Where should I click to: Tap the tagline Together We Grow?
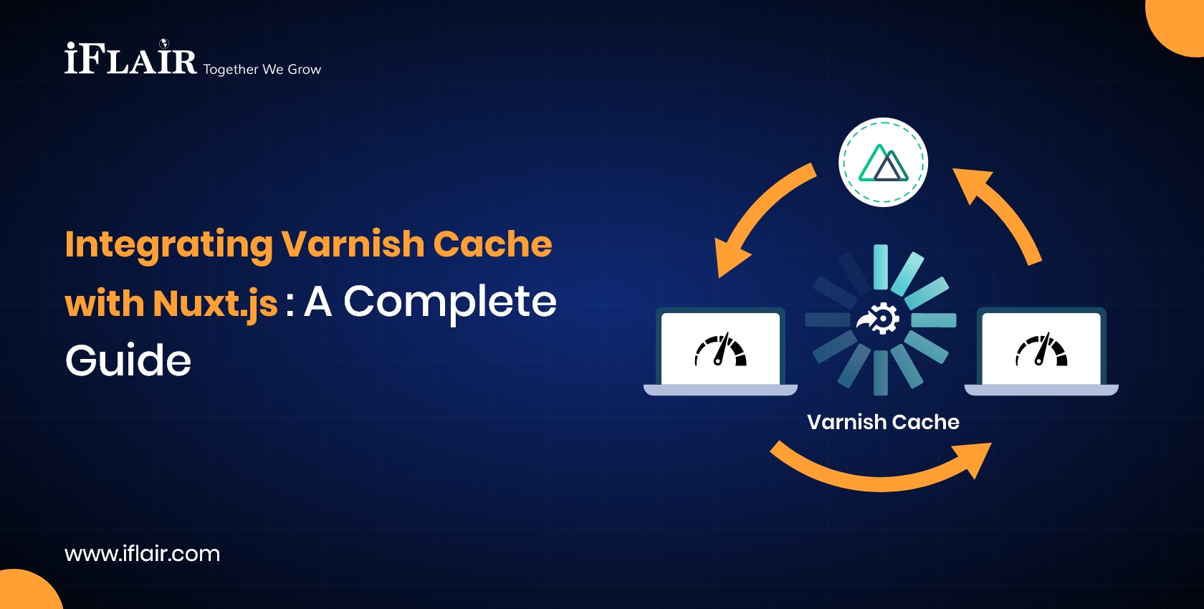click(262, 69)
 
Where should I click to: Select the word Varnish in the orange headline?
click(353, 244)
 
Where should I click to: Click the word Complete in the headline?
click(450, 303)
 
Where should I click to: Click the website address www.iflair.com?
click(143, 554)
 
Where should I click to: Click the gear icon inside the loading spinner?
click(879, 319)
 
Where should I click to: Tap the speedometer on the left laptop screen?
click(720, 350)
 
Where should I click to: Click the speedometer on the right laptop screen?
click(1041, 350)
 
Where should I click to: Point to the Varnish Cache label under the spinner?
click(883, 422)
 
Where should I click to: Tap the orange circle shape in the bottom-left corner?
click(27, 591)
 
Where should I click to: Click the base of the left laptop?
click(720, 390)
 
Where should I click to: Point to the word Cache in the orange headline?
click(492, 244)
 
